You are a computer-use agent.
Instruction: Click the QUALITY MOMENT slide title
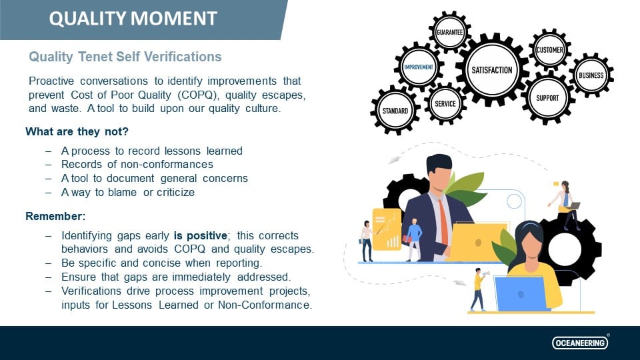tap(133, 19)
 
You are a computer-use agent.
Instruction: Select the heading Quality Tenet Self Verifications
tap(125, 57)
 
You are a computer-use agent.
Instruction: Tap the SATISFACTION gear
tap(492, 70)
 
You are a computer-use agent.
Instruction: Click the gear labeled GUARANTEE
tap(449, 32)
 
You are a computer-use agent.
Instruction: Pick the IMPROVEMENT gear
tap(419, 67)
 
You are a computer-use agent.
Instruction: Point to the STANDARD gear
tap(395, 111)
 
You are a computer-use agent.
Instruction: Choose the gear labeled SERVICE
tap(445, 103)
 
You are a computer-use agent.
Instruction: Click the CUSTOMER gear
tap(550, 50)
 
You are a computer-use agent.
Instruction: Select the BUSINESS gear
tap(591, 75)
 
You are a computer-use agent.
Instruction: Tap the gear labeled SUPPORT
tap(548, 98)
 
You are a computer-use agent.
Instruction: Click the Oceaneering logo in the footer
tap(580, 343)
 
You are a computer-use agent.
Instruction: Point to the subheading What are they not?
tap(77, 131)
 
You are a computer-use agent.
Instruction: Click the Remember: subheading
tap(56, 217)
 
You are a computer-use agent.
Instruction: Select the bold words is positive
tap(201, 236)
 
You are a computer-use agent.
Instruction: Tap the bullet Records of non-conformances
tap(137, 164)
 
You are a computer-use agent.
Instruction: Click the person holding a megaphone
tap(477, 289)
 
